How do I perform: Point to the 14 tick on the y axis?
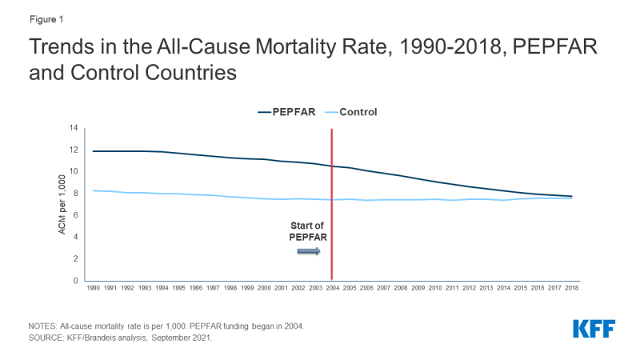(x=73, y=128)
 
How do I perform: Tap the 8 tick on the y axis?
(x=74, y=194)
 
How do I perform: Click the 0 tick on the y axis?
(x=74, y=281)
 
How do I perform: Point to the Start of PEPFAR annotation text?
(x=308, y=231)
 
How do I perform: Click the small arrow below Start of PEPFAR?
(x=309, y=251)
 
